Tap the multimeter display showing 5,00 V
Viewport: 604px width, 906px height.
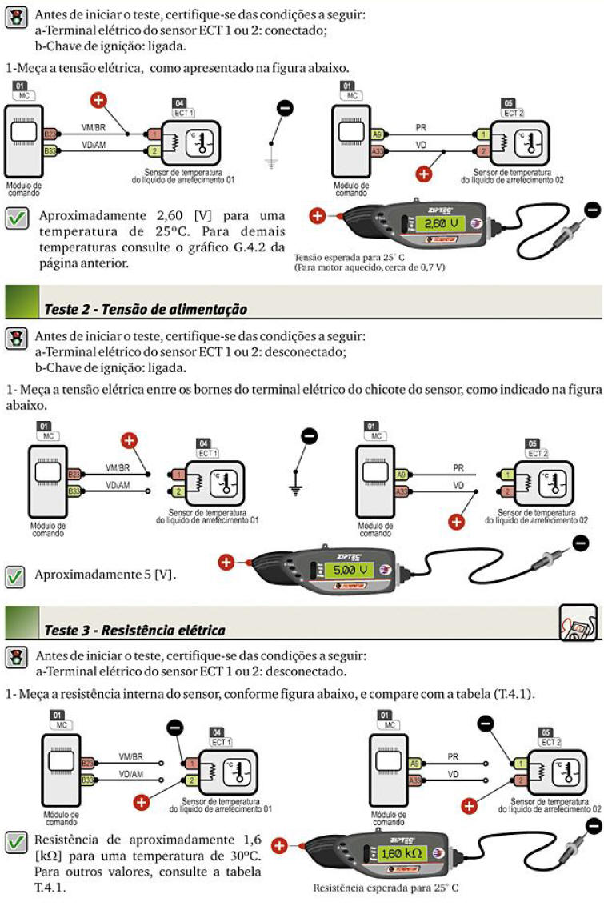(350, 570)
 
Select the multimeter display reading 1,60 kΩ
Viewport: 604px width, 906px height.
(402, 853)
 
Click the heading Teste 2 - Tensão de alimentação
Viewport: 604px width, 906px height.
(146, 309)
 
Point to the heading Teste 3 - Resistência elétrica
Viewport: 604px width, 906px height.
(134, 631)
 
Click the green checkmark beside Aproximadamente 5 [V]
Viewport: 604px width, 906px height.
(15, 576)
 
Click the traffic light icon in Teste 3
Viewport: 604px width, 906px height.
(17, 658)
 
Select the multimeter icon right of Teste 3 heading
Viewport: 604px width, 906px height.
(578, 623)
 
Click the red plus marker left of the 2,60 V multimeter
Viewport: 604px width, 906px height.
(317, 215)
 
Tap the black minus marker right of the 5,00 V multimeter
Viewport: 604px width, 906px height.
(580, 543)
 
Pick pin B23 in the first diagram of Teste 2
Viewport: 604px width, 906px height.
(74, 475)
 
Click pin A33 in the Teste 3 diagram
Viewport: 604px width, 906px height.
(414, 780)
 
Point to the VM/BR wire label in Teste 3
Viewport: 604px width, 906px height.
(130, 756)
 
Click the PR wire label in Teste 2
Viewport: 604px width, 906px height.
(458, 468)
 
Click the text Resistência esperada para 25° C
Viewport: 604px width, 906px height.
(385, 888)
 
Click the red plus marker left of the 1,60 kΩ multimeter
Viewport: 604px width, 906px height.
(279, 846)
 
